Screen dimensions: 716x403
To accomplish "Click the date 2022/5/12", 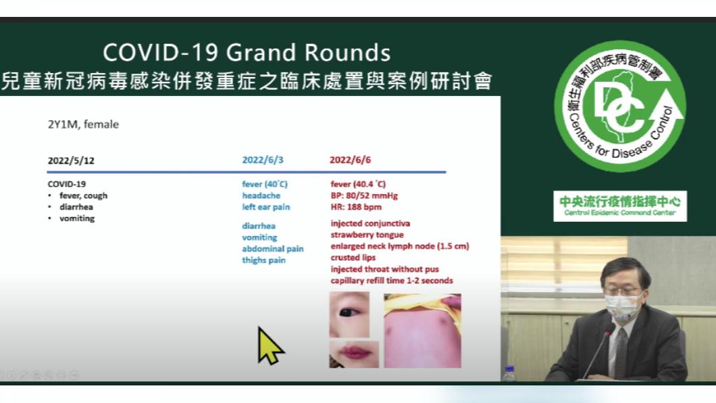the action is (x=71, y=161).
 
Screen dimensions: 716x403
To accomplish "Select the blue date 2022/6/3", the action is (x=263, y=160).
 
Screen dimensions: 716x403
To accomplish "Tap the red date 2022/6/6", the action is (x=351, y=160).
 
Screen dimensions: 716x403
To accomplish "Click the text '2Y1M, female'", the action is (x=83, y=124).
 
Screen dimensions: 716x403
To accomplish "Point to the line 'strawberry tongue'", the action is (x=367, y=235).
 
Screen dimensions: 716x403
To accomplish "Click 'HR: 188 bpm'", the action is (x=356, y=207).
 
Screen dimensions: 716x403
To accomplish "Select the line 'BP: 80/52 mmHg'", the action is (x=364, y=195).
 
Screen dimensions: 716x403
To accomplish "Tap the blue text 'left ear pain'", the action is (x=265, y=207).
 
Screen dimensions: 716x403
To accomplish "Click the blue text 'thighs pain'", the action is (x=263, y=260).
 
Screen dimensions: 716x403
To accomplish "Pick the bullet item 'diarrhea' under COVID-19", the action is (x=76, y=207).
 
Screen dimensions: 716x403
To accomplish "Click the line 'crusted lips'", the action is (x=353, y=258).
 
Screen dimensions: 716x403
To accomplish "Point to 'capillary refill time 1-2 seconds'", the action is (x=392, y=281).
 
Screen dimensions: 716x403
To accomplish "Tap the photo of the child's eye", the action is (x=349, y=315).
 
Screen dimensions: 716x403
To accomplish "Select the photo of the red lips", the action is (x=354, y=354).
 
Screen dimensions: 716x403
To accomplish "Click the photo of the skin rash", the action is (x=422, y=331).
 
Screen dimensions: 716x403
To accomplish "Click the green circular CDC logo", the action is (x=619, y=106).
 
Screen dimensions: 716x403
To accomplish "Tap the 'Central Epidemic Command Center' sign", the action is (x=620, y=206).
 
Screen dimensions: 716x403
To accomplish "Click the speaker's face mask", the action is (x=621, y=307).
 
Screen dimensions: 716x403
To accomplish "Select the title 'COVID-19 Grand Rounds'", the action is (x=247, y=53).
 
